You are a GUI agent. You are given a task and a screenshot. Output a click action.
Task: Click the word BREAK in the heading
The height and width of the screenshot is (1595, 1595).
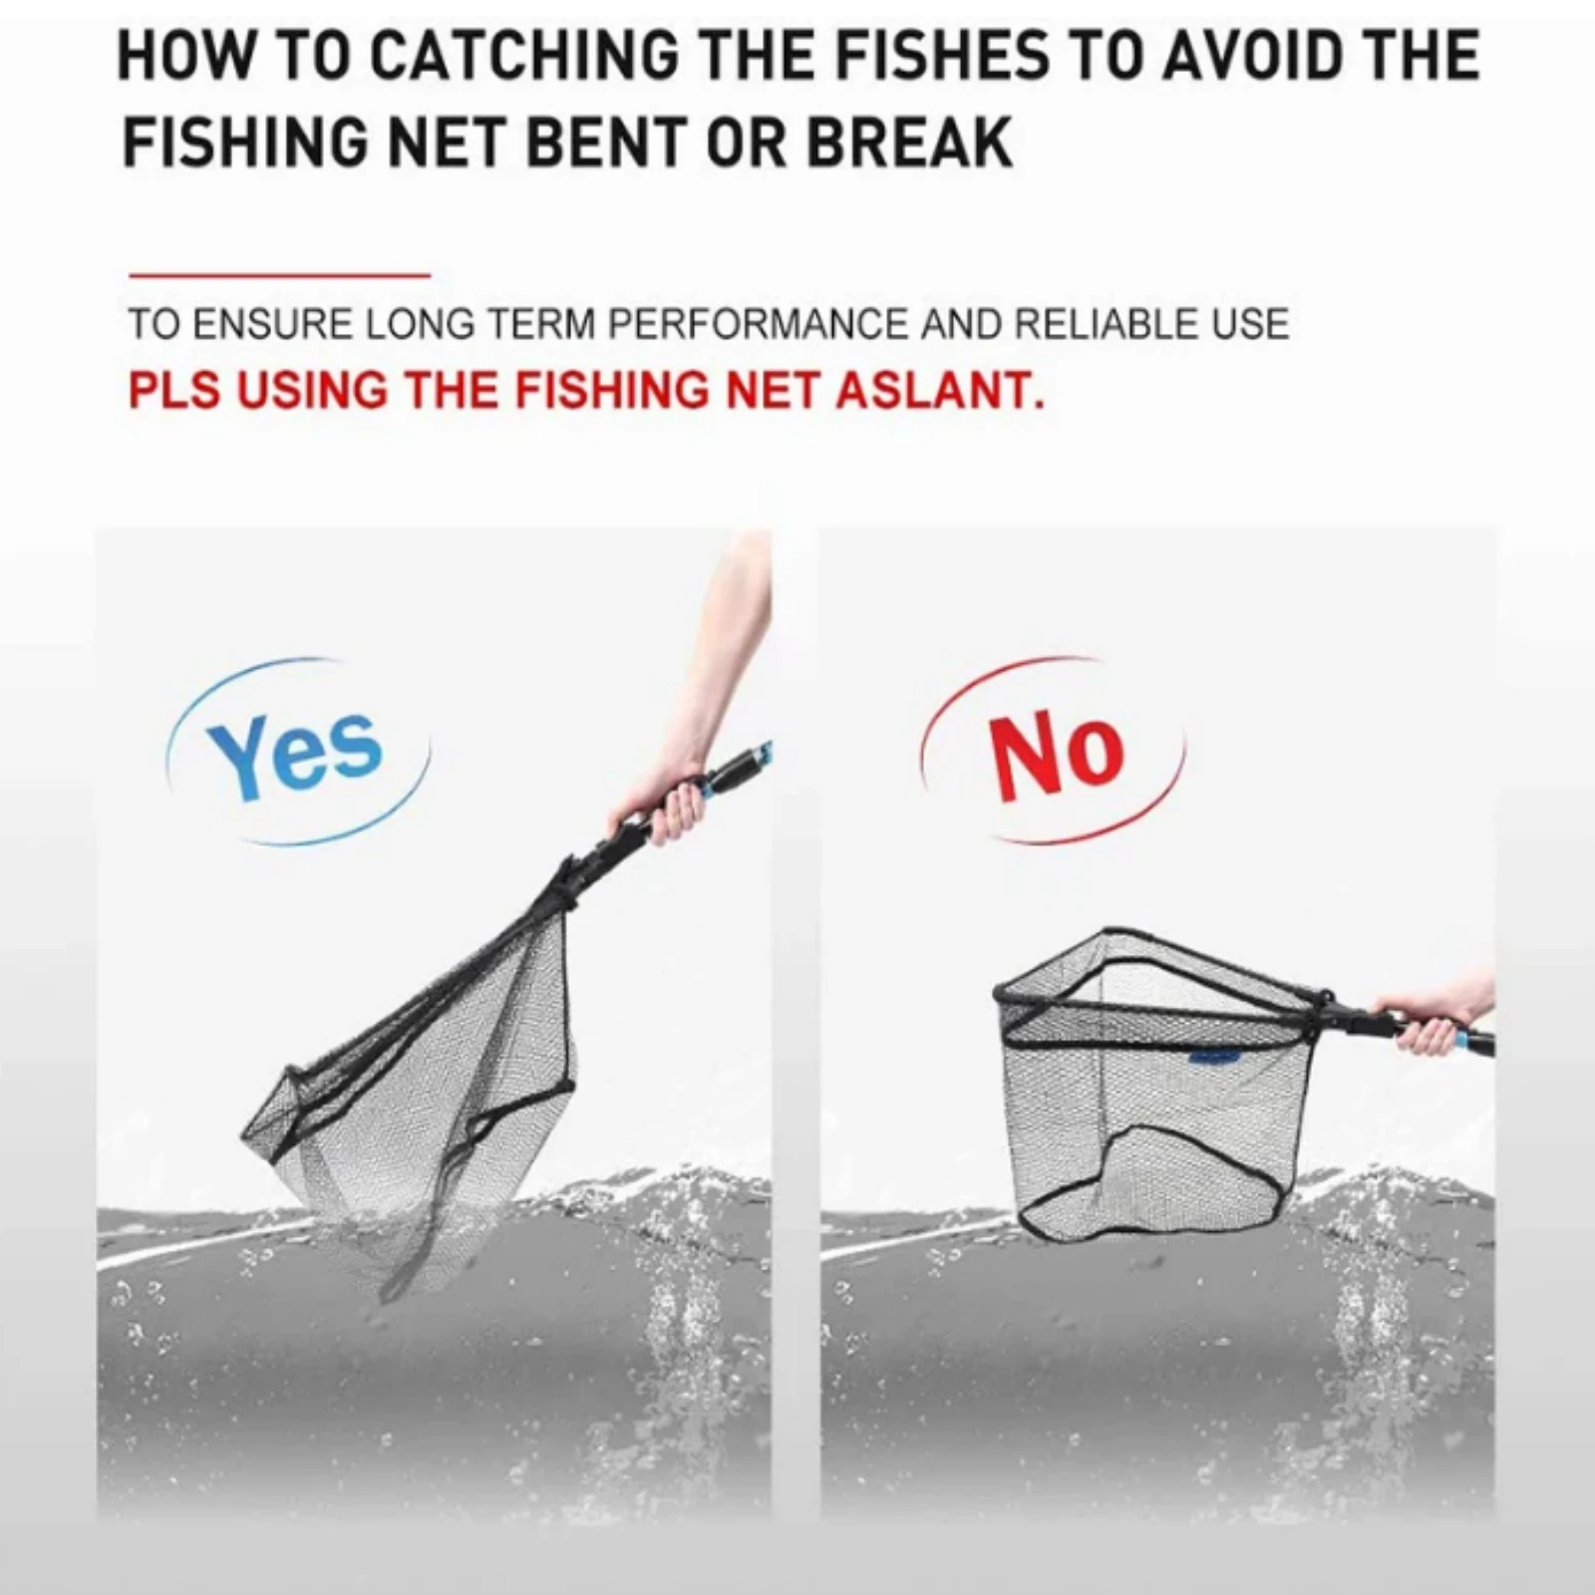click(x=909, y=143)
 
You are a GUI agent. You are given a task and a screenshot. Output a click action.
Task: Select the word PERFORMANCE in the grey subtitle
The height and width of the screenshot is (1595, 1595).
click(x=758, y=325)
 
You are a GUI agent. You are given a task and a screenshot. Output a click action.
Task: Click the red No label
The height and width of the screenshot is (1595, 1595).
click(x=1058, y=754)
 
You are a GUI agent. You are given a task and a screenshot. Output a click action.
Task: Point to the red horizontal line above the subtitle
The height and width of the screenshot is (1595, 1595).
click(x=279, y=274)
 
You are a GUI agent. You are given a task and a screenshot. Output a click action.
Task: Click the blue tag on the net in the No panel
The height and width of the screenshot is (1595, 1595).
click(x=1211, y=1055)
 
